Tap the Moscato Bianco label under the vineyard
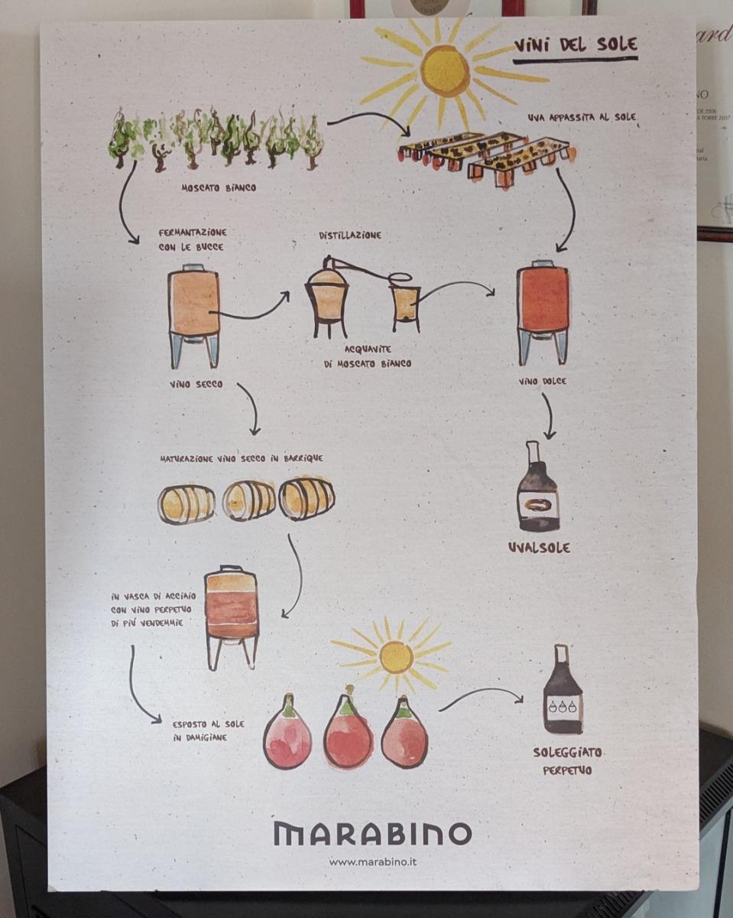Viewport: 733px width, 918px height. pos(219,187)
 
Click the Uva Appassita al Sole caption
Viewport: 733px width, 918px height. pos(582,117)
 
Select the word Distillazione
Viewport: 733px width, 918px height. pos(350,235)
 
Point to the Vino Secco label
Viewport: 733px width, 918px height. pos(196,384)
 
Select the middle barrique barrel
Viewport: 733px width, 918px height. pos(249,501)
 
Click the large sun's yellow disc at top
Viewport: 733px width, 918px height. pos(444,71)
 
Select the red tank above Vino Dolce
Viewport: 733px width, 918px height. pos(543,315)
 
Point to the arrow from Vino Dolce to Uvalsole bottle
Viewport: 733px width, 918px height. pos(549,415)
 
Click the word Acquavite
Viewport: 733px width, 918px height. pos(368,350)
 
